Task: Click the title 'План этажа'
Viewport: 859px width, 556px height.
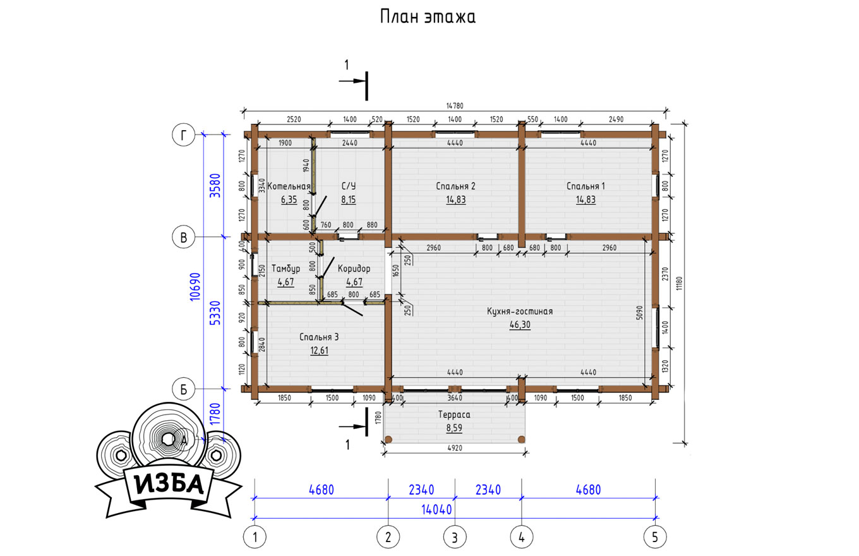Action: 428,17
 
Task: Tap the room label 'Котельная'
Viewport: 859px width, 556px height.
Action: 289,186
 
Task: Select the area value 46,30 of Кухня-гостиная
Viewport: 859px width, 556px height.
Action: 520,325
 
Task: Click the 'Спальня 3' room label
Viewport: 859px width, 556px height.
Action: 319,337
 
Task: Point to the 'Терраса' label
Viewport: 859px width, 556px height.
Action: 454,414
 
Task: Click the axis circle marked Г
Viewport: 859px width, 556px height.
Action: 184,135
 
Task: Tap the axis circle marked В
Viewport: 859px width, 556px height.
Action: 184,237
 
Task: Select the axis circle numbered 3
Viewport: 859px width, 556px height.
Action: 455,537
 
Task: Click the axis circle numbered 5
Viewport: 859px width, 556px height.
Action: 655,537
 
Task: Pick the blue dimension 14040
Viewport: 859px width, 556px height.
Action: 436,510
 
